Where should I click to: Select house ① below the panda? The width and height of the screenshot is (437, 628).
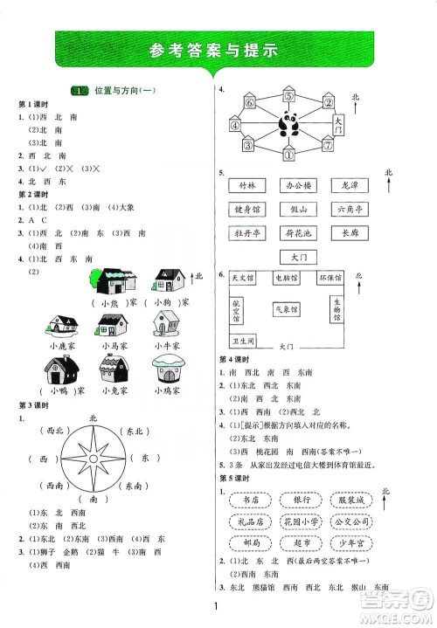click(x=288, y=155)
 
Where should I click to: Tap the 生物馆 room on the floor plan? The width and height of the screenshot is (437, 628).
click(x=336, y=308)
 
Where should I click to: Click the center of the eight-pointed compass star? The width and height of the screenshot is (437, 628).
click(x=94, y=458)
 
